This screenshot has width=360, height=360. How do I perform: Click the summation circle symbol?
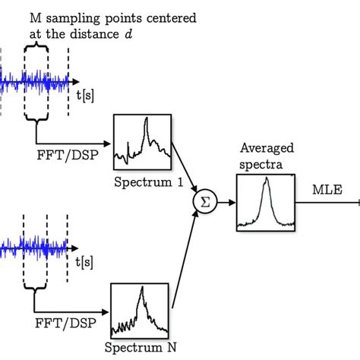pyautogui.click(x=203, y=201)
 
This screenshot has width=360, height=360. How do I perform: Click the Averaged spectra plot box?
pyautogui.click(x=265, y=201)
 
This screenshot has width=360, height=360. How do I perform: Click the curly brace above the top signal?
pyautogui.click(x=37, y=44)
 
